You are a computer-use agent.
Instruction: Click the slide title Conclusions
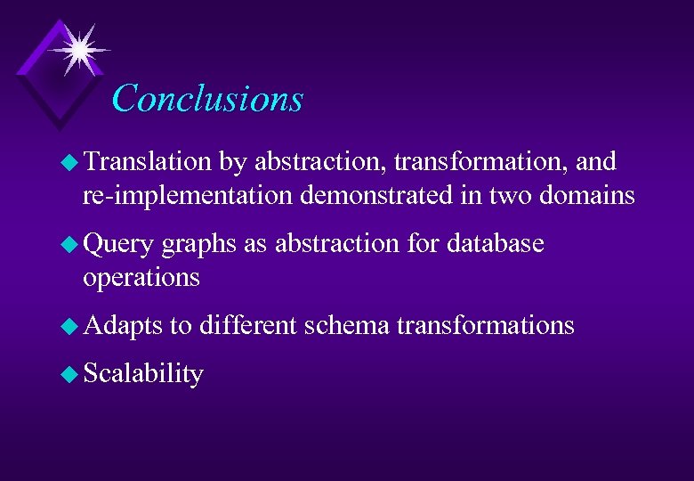207,98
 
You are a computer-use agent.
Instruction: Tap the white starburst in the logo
79,50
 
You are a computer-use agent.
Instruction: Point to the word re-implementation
188,195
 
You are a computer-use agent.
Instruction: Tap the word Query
118,244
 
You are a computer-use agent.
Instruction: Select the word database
496,243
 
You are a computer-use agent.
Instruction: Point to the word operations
141,278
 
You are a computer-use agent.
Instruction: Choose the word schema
346,325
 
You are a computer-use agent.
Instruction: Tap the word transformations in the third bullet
485,325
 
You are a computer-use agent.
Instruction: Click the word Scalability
143,374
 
